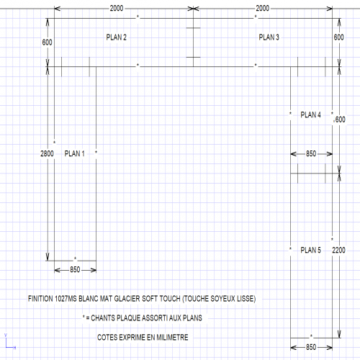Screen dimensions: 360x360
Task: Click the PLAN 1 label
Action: (x=75, y=153)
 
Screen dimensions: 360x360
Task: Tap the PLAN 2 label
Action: (x=117, y=37)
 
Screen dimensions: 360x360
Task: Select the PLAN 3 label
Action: (x=269, y=37)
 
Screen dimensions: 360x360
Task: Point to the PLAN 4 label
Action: (x=310, y=114)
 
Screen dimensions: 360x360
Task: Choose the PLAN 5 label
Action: (x=310, y=250)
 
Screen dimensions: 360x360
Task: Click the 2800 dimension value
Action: (x=47, y=153)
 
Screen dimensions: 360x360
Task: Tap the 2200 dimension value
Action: (x=338, y=250)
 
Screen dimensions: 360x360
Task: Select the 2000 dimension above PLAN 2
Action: (x=117, y=9)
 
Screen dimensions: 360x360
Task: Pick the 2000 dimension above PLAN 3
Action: (x=263, y=9)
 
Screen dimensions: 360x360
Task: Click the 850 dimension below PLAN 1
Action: (x=75, y=270)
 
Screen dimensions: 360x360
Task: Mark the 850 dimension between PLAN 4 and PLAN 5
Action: (x=311, y=153)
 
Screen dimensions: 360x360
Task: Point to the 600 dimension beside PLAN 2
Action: (x=47, y=42)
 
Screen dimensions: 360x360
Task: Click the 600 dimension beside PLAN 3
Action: (x=338, y=37)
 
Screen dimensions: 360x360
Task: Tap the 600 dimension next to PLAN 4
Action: (x=340, y=120)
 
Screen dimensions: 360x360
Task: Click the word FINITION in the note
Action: (x=40, y=299)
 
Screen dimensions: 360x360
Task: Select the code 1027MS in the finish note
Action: (x=66, y=299)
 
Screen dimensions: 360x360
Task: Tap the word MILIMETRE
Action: (x=172, y=338)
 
